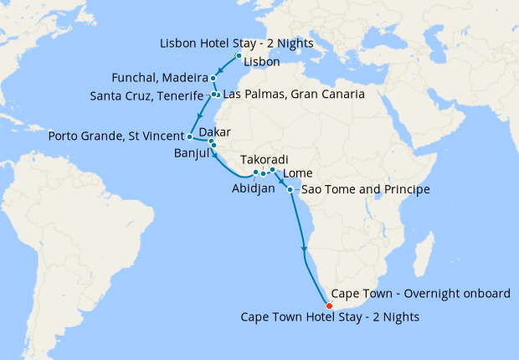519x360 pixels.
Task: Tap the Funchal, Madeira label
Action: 159,78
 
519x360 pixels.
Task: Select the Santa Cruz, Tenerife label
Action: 146,96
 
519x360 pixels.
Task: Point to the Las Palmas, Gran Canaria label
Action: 294,95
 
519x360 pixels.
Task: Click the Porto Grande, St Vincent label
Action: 116,136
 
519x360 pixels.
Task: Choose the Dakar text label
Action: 214,132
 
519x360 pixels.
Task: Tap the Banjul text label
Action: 190,154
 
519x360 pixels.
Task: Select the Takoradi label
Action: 264,159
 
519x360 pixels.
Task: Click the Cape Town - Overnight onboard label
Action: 420,294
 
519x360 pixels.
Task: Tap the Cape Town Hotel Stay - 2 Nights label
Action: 330,317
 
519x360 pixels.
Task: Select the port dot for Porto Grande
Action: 190,136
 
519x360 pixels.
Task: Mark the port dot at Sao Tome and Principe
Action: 290,190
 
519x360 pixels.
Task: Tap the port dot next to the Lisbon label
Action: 239,56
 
